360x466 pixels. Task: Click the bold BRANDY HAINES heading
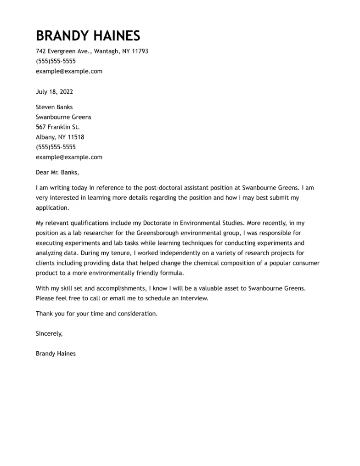coord(88,36)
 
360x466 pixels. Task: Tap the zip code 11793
coord(140,51)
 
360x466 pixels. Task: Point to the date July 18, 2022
coord(54,92)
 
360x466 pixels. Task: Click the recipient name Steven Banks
coord(54,107)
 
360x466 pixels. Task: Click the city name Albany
coord(45,137)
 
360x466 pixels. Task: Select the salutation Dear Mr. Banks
coord(57,173)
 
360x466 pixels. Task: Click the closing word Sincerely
coord(49,334)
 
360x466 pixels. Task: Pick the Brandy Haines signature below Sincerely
coord(56,354)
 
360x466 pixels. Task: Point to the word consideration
coord(137,314)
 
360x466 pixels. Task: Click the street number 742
coord(40,51)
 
